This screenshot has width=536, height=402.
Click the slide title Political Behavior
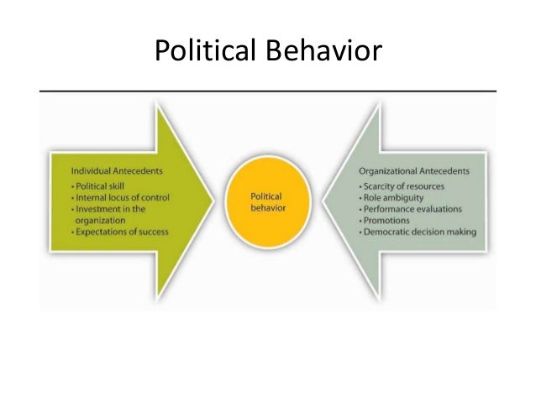tap(268, 51)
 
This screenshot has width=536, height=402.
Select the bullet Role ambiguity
tap(393, 196)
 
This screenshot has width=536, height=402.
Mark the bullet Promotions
tap(387, 220)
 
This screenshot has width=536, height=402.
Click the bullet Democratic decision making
tap(419, 232)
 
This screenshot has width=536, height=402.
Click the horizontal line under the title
tap(268, 88)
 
